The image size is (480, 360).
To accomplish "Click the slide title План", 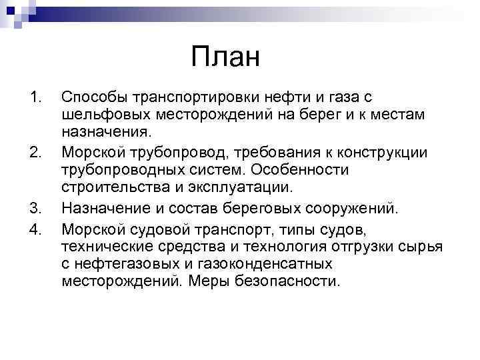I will coord(225,57).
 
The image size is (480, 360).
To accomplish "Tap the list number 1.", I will coord(36,98).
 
